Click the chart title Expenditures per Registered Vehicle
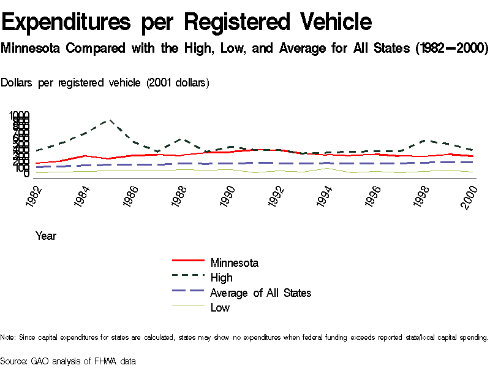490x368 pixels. [187, 22]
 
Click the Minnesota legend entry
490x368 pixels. [234, 263]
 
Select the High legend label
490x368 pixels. [221, 278]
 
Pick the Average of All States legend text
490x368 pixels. [260, 293]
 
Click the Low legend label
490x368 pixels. [220, 307]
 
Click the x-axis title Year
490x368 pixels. [46, 236]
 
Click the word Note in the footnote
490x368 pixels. [7, 337]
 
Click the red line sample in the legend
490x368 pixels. [187, 263]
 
